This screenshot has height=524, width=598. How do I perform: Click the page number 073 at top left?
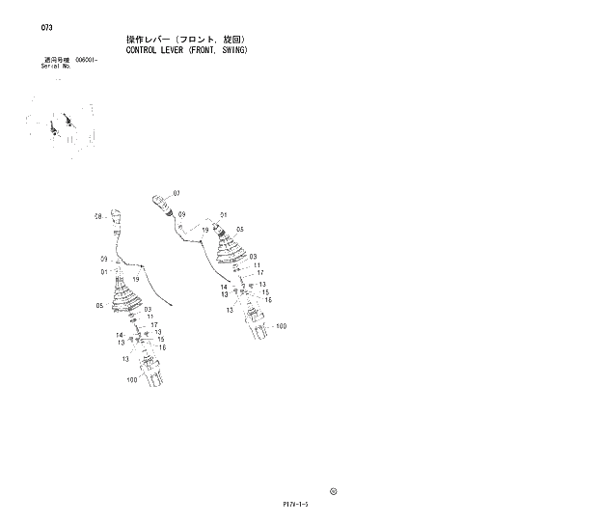46,27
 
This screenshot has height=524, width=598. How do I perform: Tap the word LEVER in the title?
180,49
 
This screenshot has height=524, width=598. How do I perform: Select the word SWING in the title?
231,49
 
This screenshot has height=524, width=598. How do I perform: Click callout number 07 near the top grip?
177,194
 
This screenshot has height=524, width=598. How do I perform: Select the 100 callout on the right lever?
281,326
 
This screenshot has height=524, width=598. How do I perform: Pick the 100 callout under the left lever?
132,380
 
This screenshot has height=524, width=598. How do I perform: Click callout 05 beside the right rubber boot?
240,230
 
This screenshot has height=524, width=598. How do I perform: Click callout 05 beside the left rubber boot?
99,306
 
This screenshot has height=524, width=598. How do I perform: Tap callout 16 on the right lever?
268,300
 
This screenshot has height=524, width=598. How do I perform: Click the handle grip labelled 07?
160,203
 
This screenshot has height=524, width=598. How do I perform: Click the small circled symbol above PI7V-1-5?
333,491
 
